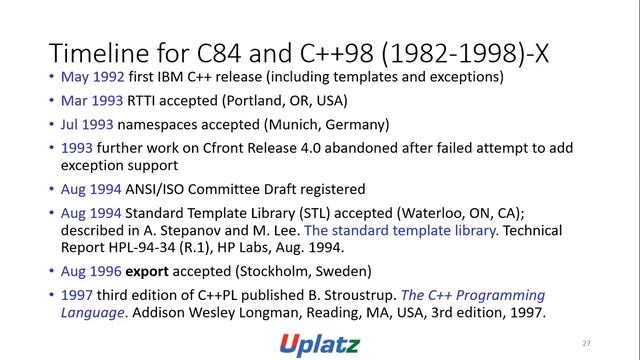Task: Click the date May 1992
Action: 90,77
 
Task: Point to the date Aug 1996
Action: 90,271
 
